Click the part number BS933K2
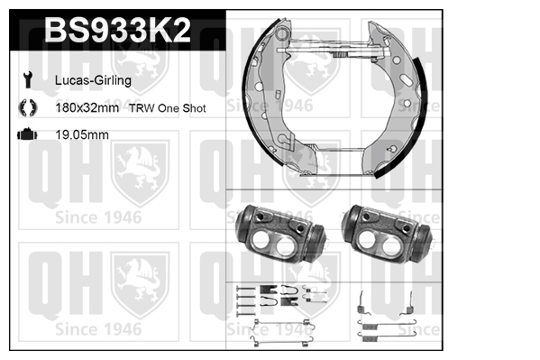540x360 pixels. click(117, 30)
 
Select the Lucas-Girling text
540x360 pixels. click(93, 80)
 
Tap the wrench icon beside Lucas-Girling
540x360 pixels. click(28, 79)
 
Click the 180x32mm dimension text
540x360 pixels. click(87, 108)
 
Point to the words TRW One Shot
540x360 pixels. click(168, 108)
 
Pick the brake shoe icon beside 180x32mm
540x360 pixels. click(28, 107)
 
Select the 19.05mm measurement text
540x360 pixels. click(82, 134)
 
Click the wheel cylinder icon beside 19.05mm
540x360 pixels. click(27, 134)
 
